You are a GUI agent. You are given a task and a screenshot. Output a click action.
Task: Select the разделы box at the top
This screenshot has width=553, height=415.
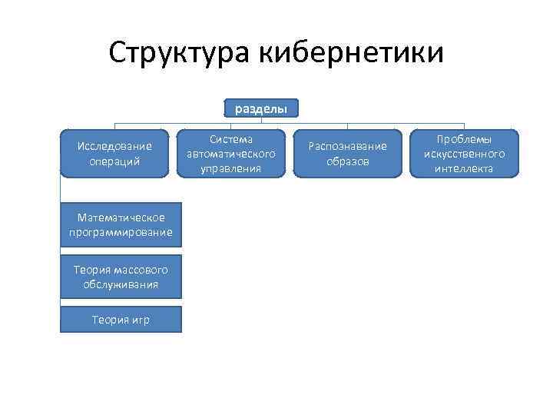(x=261, y=109)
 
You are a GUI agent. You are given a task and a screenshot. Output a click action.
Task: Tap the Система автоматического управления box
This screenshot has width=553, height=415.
(x=230, y=154)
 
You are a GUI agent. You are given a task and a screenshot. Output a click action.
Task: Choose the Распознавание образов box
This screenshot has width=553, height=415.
(x=348, y=154)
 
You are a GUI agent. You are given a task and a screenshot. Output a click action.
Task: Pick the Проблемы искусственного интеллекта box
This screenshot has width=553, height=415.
(x=464, y=154)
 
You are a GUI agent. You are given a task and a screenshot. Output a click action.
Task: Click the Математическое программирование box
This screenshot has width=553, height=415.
(x=121, y=225)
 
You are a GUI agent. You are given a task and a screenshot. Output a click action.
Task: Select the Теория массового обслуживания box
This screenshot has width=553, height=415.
(x=121, y=277)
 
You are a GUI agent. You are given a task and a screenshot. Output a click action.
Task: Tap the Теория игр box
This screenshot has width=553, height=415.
(x=121, y=320)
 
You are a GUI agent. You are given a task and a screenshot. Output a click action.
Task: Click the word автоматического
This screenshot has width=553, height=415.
(x=230, y=154)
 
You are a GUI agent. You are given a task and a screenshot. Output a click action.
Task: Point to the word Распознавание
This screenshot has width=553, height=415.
(x=348, y=146)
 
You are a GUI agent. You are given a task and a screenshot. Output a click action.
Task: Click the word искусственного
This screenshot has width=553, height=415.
(x=464, y=154)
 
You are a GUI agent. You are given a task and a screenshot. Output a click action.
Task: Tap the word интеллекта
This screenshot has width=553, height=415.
(x=464, y=168)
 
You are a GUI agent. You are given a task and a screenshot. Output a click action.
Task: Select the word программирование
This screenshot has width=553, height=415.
(x=121, y=232)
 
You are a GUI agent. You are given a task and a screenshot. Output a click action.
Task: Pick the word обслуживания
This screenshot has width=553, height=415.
(x=121, y=284)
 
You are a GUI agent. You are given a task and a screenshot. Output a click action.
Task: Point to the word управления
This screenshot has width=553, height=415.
(x=230, y=168)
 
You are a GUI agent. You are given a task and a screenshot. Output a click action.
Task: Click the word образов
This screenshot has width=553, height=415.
(x=348, y=161)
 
